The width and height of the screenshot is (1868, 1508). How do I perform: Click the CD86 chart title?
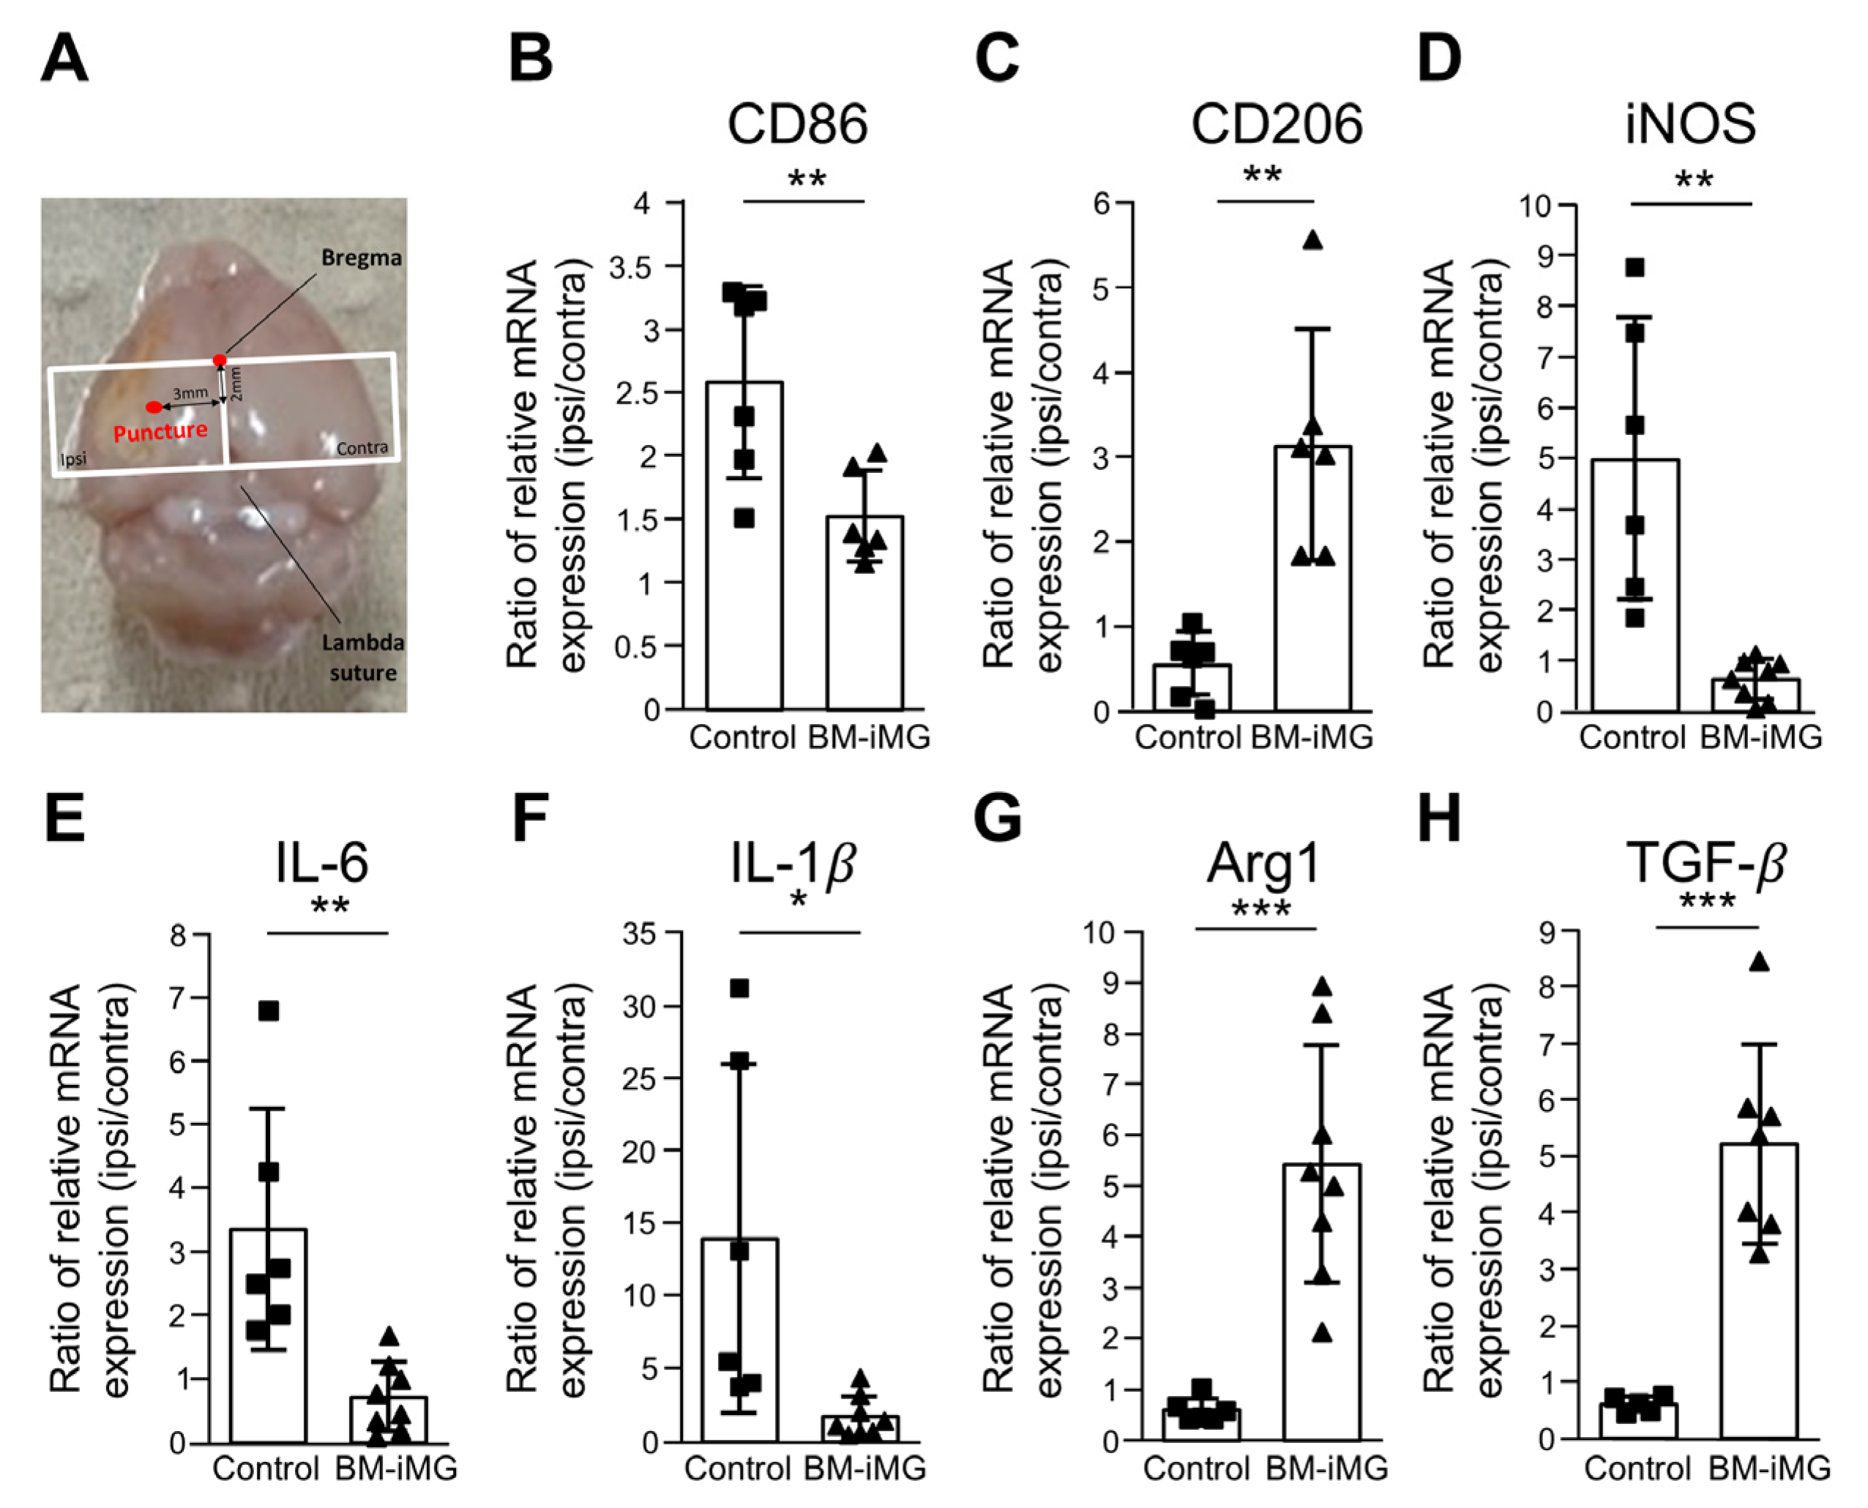pos(796,124)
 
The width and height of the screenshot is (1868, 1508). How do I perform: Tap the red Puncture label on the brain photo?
pos(160,432)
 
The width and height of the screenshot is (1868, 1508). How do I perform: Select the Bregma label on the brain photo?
pos(362,258)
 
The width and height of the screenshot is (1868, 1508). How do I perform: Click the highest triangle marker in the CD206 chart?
pos(1313,241)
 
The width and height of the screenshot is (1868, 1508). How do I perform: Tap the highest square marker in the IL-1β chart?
pos(739,988)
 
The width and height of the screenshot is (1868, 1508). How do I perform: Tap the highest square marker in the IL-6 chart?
pos(269,1011)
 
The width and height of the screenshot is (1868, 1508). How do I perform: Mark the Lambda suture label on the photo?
pos(363,657)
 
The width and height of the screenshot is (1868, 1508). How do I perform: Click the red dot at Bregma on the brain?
pos(220,359)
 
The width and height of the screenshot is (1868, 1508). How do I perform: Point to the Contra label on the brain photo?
pos(362,447)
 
